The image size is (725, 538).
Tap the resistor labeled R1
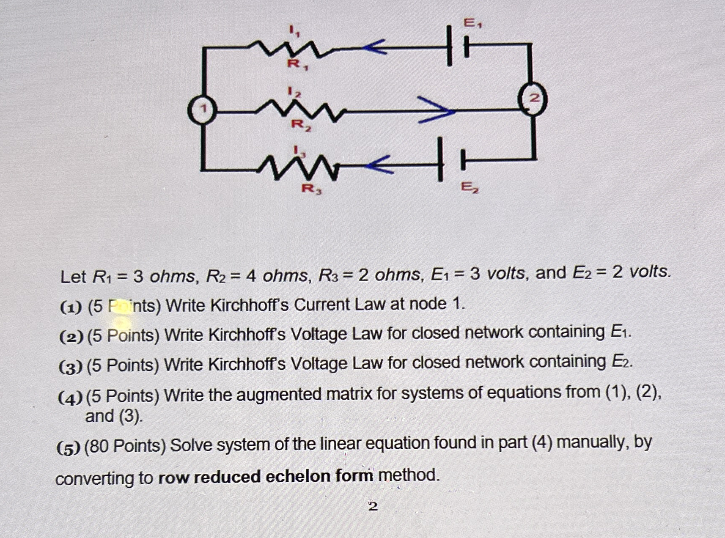click(x=292, y=49)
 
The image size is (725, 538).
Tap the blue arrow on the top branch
click(x=374, y=47)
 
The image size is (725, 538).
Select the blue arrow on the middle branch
click(x=436, y=110)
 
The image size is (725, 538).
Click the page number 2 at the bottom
click(x=373, y=506)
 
